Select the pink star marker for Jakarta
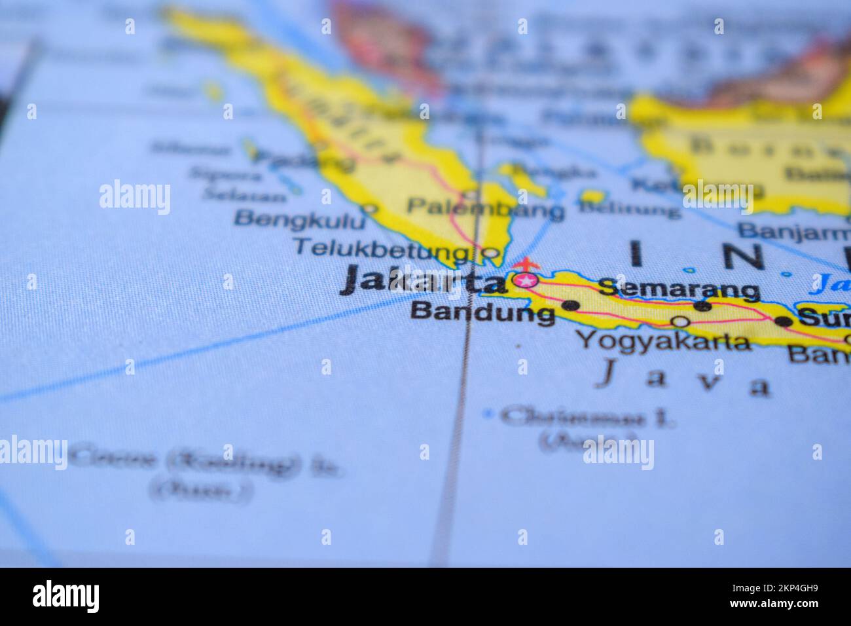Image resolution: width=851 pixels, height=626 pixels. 525,281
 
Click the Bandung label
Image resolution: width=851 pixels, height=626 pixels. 482,312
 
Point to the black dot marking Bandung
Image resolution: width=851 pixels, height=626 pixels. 571,305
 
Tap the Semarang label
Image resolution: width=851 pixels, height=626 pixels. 679,287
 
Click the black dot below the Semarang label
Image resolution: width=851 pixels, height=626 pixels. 702,305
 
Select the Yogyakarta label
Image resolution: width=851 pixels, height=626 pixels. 664,341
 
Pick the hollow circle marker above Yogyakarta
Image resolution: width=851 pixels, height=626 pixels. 681,322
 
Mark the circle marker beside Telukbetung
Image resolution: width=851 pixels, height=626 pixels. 489,252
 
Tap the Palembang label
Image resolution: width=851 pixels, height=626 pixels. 485,209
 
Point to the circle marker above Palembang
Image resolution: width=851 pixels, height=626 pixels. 470,194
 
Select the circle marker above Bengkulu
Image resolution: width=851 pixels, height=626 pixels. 370,209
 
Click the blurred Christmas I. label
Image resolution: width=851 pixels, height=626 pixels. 588,416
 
